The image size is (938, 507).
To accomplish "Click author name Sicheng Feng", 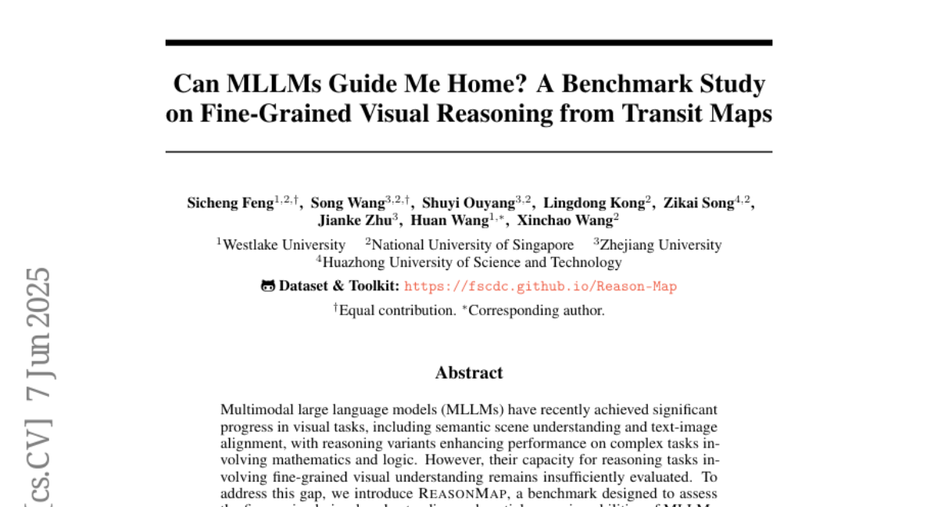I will click(230, 203).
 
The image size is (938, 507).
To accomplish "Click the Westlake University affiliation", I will click(284, 245).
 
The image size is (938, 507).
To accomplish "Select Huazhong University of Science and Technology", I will click(472, 263).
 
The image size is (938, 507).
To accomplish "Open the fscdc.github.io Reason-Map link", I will click(540, 286).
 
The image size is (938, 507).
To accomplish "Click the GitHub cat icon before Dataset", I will click(268, 286).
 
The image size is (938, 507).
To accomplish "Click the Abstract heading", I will click(469, 372).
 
